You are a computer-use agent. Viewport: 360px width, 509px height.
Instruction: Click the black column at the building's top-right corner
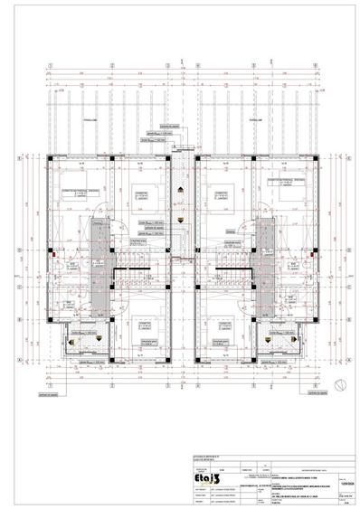(x=313, y=158)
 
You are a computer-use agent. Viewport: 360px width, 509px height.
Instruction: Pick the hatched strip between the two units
(x=181, y=226)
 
